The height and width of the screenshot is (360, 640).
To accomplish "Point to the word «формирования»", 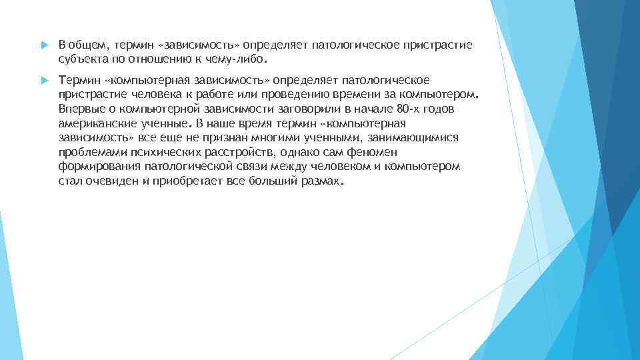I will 97,165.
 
